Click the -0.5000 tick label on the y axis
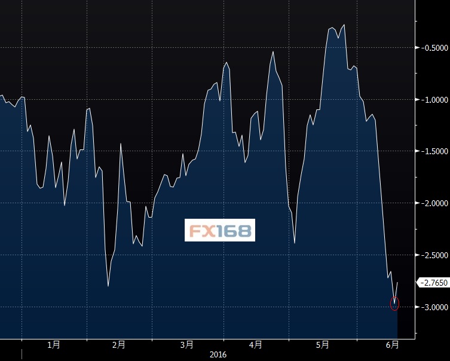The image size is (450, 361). (433, 48)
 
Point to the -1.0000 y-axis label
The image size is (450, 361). (433, 100)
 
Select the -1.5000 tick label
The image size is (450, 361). (433, 152)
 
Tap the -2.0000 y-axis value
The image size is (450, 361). (433, 203)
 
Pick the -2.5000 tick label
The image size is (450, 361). (433, 255)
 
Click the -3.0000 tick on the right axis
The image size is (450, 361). (433, 307)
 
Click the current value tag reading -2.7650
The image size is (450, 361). (433, 282)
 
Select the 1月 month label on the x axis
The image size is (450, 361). (54, 345)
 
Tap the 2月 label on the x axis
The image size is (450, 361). (118, 345)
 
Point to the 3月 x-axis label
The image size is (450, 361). (186, 345)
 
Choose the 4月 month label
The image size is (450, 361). (256, 345)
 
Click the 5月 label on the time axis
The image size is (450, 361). (323, 345)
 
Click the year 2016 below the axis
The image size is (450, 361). (218, 355)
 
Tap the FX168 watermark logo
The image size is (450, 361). (220, 230)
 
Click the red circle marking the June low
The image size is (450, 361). (394, 304)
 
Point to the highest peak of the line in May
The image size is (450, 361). (344, 25)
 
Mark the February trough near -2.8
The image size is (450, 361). (108, 286)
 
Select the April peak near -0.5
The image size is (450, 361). (273, 51)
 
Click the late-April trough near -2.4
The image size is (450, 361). (295, 243)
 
